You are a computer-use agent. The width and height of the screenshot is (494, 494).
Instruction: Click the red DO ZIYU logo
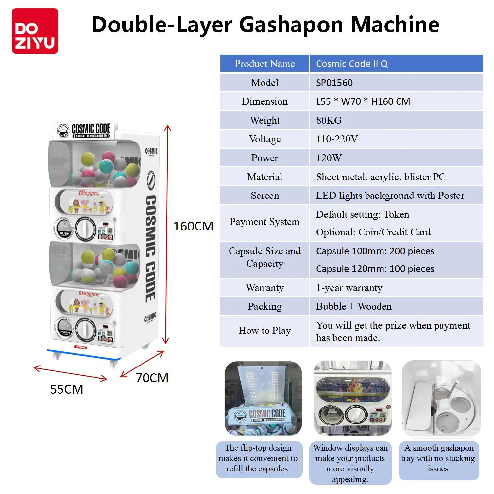[x=35, y=31]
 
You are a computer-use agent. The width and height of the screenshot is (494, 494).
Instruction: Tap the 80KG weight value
[x=329, y=120]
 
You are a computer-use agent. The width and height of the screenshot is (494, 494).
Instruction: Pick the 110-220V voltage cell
[x=337, y=139]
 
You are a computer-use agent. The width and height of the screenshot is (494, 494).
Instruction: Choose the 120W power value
[x=329, y=158]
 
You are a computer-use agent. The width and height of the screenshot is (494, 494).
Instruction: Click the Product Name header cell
[x=264, y=64]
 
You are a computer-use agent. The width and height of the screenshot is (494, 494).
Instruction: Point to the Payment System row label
[x=264, y=222]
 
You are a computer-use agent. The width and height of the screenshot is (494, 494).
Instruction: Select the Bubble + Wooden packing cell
[x=354, y=306]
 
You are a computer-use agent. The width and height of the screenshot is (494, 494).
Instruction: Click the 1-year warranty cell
[x=349, y=288]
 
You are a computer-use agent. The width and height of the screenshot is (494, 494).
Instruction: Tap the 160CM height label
[x=193, y=226]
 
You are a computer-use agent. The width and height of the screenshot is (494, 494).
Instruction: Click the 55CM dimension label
[x=67, y=389]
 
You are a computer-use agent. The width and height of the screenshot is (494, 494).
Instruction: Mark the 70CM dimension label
[x=152, y=378]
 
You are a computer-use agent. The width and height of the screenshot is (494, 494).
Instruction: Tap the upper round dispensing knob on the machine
[x=85, y=229]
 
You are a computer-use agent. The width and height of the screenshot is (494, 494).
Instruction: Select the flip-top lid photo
[x=263, y=399]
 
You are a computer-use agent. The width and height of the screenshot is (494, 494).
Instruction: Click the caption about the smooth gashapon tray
[x=438, y=458]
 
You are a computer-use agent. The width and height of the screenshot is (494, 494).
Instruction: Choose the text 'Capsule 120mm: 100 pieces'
[x=375, y=269]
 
